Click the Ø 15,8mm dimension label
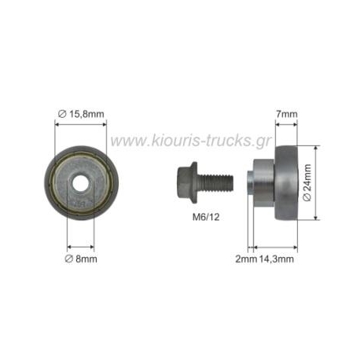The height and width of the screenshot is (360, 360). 81,114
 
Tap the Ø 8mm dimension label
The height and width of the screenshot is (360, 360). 81,259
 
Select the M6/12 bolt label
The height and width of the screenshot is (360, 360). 206,217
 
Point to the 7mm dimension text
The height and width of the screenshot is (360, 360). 287,114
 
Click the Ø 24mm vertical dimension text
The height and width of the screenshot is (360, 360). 307,182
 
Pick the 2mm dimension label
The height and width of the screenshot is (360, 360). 246,259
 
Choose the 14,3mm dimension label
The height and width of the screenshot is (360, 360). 277,259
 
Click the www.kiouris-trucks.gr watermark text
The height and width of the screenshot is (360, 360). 190,141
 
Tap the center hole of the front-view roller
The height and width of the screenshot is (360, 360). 80,182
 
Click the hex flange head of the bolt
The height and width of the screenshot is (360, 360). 187,182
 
